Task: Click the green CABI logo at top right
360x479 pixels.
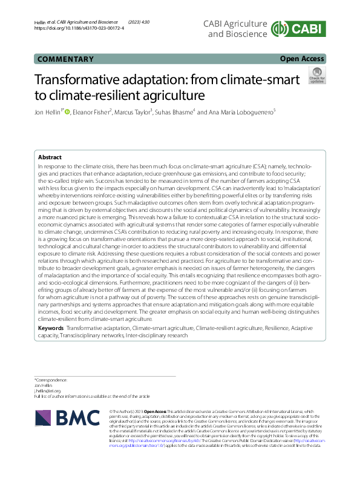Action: click(x=299, y=28)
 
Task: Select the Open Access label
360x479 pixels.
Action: click(x=303, y=59)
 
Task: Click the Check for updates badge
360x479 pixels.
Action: click(x=316, y=76)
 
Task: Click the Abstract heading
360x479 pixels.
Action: click(x=50, y=156)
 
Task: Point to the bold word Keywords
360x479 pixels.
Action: click(x=51, y=328)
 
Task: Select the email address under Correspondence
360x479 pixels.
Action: click(x=48, y=391)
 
